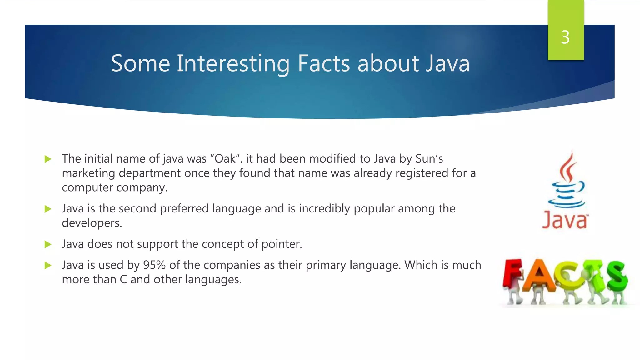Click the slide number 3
coord(565,37)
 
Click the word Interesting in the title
coord(233,64)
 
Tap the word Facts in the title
coord(323,63)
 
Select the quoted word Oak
coord(225,159)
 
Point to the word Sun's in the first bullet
coord(429,159)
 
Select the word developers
coord(92,223)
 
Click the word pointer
coord(281,244)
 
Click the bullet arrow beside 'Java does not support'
coord(48,244)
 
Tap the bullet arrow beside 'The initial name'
coord(48,159)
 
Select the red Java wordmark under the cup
coord(565,221)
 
